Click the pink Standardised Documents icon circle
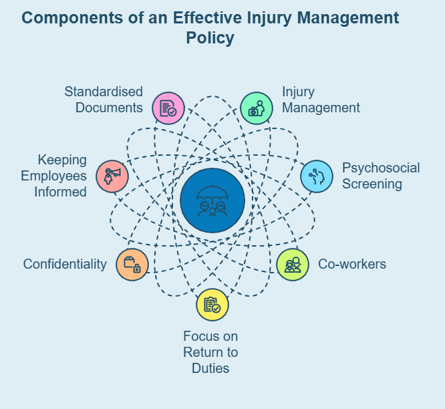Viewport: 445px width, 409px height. (x=168, y=108)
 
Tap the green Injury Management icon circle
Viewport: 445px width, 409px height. (x=257, y=108)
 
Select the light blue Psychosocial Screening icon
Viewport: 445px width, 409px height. (x=317, y=176)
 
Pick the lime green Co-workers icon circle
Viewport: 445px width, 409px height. (x=293, y=265)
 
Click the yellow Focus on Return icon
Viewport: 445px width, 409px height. (x=212, y=305)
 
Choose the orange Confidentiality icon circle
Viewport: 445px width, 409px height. (x=132, y=264)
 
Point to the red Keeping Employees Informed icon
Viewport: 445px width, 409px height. (x=112, y=176)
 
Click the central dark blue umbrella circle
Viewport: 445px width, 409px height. (x=212, y=200)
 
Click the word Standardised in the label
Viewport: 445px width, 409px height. (x=104, y=91)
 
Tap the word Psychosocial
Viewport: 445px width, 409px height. (x=381, y=167)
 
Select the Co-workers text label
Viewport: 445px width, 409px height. (x=352, y=264)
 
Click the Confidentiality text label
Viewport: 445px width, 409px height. (x=65, y=264)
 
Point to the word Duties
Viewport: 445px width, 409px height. (x=210, y=368)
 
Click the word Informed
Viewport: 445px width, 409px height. (x=62, y=192)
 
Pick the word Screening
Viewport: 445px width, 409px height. (x=372, y=184)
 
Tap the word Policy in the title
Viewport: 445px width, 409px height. (x=210, y=38)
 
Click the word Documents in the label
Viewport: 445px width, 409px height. (x=109, y=108)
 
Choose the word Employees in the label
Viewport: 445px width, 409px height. (x=54, y=176)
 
